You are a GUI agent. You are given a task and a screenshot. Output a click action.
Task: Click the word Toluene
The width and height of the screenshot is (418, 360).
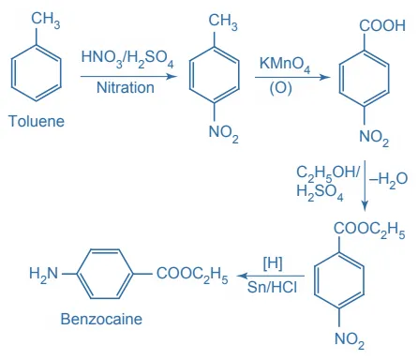(x=37, y=122)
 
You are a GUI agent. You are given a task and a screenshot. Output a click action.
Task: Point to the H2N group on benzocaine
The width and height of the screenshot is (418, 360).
(x=44, y=274)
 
